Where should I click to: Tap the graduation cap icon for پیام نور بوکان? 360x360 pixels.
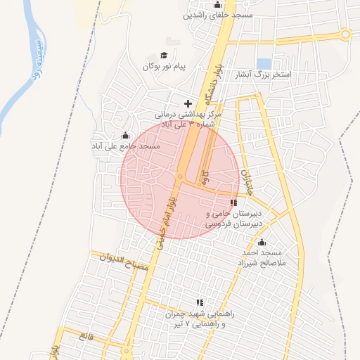tap(164, 56)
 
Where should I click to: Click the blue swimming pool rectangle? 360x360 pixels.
tap(264, 63)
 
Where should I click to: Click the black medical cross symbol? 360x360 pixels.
tap(187, 103)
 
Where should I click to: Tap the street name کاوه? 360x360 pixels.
tap(205, 176)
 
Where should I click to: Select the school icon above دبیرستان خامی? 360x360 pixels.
tap(233, 203)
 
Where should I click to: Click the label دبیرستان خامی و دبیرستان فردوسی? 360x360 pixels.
tap(235, 218)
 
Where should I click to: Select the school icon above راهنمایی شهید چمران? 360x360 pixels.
tap(200, 303)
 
